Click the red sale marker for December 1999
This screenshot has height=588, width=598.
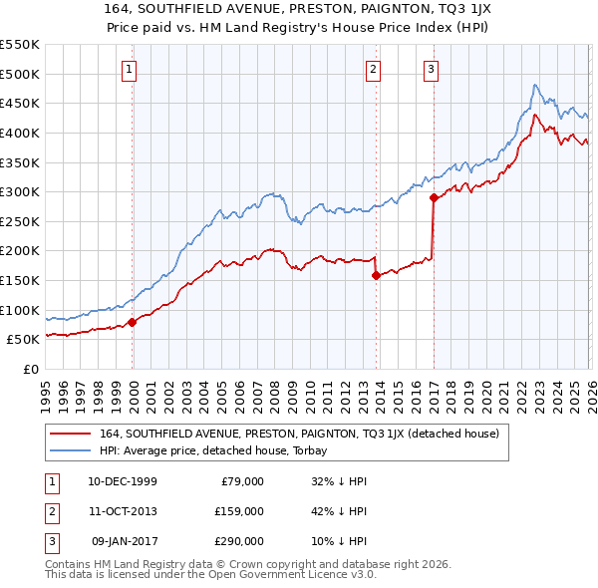tap(133, 322)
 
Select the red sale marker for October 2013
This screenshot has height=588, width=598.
tap(376, 276)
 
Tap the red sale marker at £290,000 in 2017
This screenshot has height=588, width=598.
tap(433, 198)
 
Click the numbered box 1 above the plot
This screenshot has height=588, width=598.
tap(131, 69)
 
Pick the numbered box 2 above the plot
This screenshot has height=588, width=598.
tap(373, 69)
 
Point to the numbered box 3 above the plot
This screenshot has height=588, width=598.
tap(431, 69)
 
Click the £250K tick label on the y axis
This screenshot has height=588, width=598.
tap(20, 221)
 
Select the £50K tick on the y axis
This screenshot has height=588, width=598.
tap(24, 340)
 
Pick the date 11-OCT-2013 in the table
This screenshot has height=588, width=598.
tap(123, 511)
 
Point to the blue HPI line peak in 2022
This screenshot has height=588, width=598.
tap(535, 85)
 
